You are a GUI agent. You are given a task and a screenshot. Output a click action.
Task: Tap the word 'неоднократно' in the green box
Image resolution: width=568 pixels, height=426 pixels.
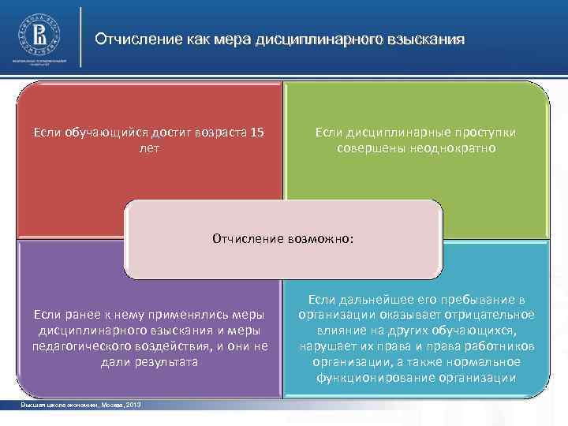pyautogui.click(x=457, y=148)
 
